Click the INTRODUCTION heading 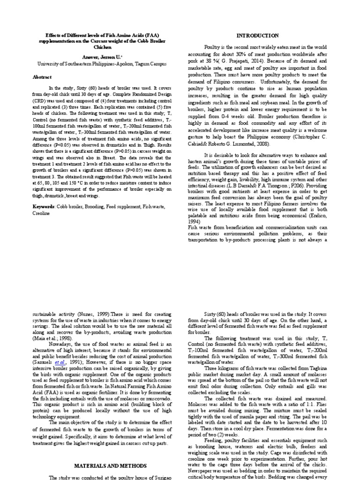point(257,36)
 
